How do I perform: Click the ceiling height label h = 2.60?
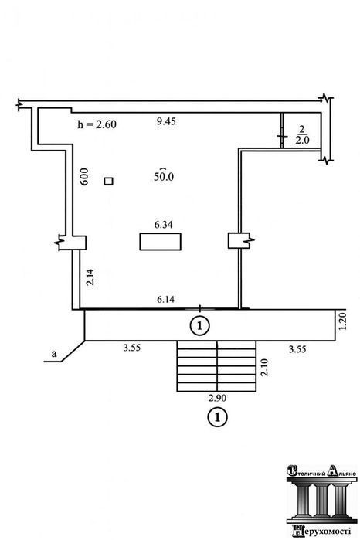point(97,124)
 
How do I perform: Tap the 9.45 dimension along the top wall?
point(166,121)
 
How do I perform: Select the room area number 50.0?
point(164,175)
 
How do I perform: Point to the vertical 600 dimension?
point(84,177)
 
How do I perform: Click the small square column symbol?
point(108,181)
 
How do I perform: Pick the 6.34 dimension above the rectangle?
point(163,225)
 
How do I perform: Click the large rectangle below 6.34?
point(160,241)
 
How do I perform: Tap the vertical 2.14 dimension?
point(90,277)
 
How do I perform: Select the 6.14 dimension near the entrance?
point(165,299)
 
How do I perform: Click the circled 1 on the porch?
point(200,325)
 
